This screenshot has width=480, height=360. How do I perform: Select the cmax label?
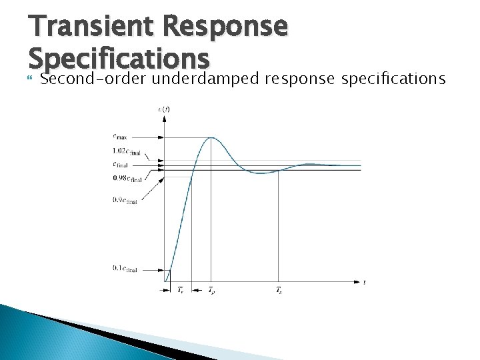[x=120, y=137]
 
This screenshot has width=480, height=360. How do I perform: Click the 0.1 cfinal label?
[x=125, y=269]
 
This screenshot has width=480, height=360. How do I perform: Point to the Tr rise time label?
[x=181, y=290]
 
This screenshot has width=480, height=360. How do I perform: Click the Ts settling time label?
[x=278, y=290]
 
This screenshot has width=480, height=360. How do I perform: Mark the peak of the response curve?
[x=211, y=137]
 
